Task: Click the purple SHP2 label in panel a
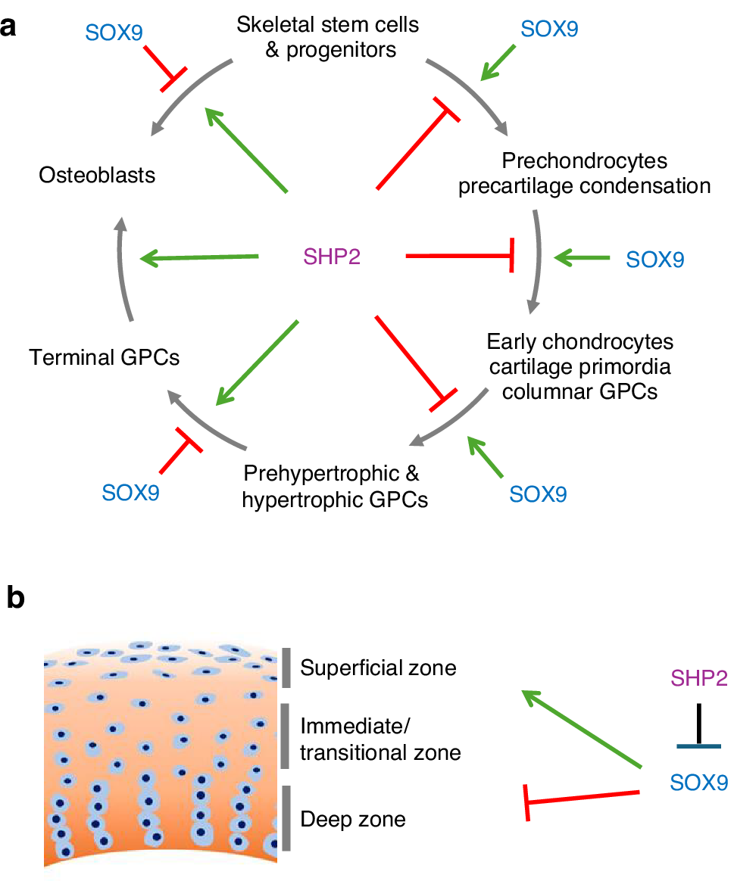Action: tap(332, 257)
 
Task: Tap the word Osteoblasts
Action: tap(97, 175)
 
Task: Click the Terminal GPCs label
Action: tap(105, 356)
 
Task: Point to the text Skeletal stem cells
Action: tap(327, 25)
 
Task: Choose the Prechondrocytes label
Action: tap(584, 161)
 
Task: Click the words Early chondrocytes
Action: tap(579, 341)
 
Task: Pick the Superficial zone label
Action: tap(378, 668)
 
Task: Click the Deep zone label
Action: tap(353, 819)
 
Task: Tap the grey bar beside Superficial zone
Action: tap(286, 668)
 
